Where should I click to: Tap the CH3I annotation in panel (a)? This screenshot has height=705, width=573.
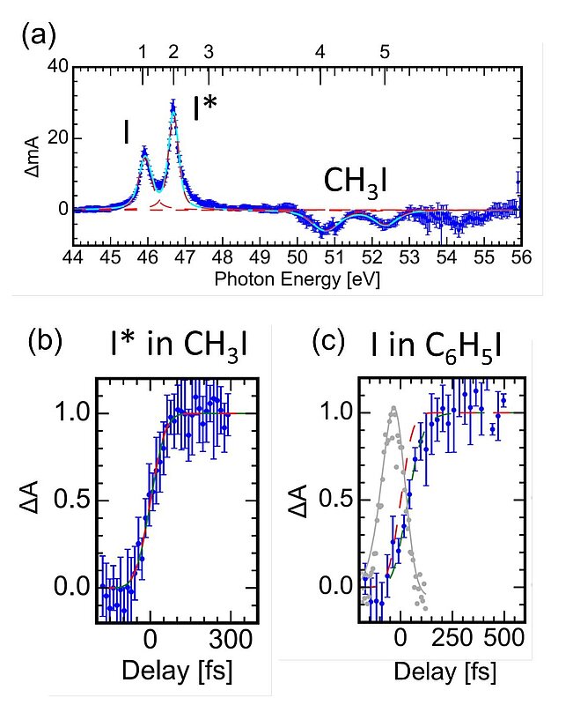tap(356, 181)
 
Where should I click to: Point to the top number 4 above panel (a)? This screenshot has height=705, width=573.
tap(320, 52)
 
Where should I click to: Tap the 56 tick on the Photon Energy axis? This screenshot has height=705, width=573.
tap(519, 258)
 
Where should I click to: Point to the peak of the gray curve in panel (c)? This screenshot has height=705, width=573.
tap(393, 407)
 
